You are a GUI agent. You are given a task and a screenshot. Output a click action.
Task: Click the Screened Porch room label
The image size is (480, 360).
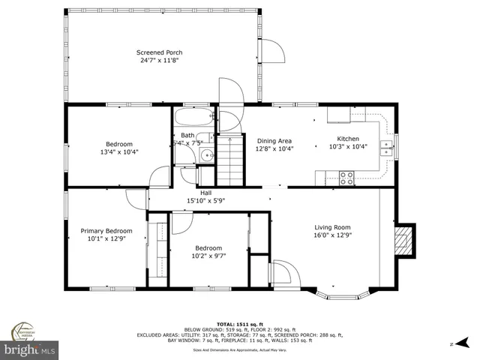pyautogui.click(x=159, y=52)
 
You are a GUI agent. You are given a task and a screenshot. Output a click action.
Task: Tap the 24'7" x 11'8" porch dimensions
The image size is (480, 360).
pyautogui.click(x=159, y=61)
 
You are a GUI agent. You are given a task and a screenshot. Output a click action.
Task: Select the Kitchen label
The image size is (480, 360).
pyautogui.click(x=348, y=139)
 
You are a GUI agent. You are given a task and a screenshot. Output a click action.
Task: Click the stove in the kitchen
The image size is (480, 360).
pyautogui.click(x=346, y=178)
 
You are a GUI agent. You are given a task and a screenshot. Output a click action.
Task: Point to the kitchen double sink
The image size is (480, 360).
pyautogui.click(x=387, y=147)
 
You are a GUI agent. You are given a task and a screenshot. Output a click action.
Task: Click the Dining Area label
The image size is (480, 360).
pyautogui.click(x=274, y=140)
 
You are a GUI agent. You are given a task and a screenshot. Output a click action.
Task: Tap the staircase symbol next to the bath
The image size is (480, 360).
pyautogui.click(x=231, y=159)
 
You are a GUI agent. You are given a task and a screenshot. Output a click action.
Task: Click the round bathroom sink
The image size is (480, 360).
pyautogui.click(x=205, y=157)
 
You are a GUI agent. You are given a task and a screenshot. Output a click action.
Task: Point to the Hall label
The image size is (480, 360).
pyautogui.click(x=205, y=192)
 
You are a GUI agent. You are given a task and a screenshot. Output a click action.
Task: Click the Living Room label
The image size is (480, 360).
pyautogui.click(x=331, y=228)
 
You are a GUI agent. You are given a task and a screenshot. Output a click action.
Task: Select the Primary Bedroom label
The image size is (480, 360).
pyautogui.click(x=106, y=231)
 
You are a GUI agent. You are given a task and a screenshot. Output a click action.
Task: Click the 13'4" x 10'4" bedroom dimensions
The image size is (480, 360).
pyautogui.click(x=119, y=152)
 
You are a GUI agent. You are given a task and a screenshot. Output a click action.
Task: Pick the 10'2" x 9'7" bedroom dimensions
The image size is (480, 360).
pyautogui.click(x=208, y=256)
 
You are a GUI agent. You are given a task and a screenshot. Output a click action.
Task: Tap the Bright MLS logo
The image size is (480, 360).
pyautogui.click(x=29, y=349)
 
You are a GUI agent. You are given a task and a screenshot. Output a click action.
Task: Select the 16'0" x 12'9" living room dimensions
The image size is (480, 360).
pyautogui.click(x=331, y=236)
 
